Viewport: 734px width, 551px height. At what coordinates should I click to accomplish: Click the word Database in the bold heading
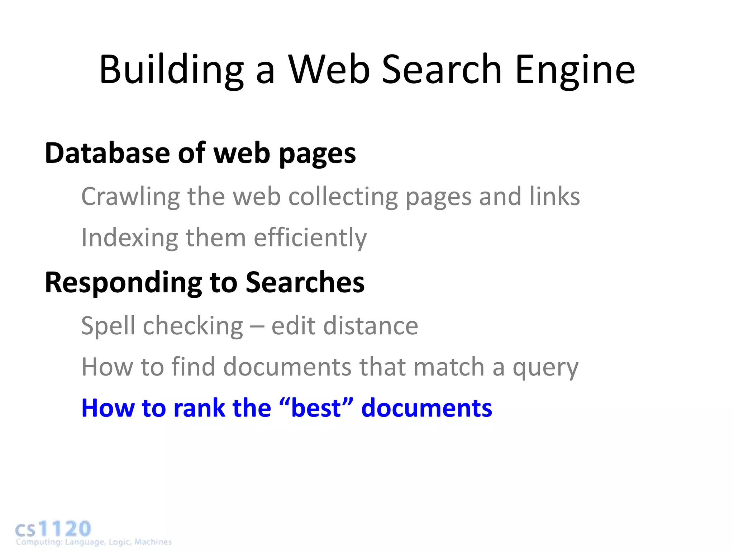(107, 153)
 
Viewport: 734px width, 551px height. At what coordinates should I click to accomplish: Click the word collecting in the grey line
(343, 197)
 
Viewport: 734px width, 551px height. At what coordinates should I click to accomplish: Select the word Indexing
(129, 238)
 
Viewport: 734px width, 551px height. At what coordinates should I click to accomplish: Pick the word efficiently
(310, 238)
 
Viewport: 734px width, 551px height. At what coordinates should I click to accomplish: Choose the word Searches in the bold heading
(305, 282)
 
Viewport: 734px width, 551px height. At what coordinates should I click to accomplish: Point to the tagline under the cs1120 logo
(94, 542)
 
